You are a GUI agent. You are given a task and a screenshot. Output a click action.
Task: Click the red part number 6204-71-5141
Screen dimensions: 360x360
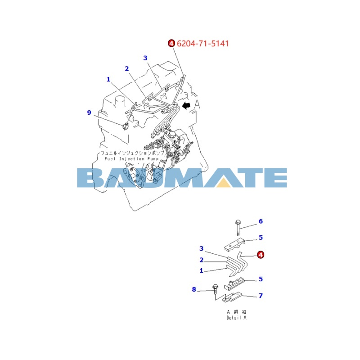203,43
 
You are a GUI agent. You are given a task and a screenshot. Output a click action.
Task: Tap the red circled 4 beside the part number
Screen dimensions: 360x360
171,43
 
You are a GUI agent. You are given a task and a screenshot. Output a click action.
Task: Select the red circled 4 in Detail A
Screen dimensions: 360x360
261,255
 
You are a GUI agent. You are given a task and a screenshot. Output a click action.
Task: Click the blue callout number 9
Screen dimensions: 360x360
89,112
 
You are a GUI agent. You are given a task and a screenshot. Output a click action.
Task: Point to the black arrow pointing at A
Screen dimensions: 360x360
186,105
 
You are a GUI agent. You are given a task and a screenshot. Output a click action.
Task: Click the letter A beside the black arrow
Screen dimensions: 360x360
197,105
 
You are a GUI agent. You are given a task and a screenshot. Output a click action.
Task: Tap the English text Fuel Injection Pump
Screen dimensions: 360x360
131,159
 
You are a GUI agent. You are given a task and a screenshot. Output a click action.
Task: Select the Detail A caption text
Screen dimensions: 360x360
237,318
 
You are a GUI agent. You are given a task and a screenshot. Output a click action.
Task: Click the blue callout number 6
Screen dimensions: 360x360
261,221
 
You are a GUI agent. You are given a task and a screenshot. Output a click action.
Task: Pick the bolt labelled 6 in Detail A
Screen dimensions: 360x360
238,228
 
